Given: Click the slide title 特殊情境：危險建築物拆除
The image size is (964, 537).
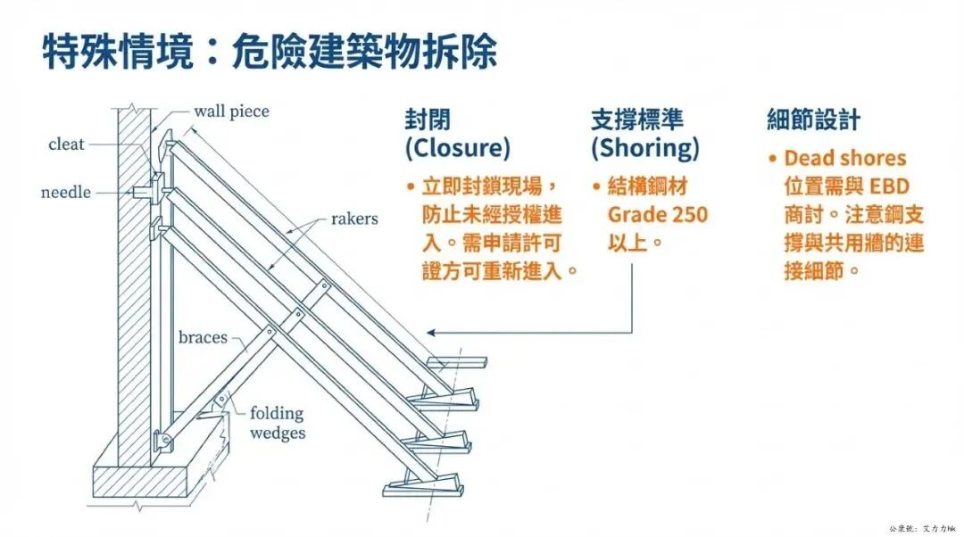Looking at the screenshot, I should (x=269, y=52).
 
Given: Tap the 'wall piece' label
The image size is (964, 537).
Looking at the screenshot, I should (x=231, y=112).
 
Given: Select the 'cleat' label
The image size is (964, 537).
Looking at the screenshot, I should (x=66, y=145).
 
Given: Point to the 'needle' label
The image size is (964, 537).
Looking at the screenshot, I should (x=66, y=192).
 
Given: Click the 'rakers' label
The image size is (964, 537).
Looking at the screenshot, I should (x=354, y=218).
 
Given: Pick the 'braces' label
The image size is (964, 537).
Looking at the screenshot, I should (x=203, y=337).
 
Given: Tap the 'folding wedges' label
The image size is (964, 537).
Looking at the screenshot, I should (x=277, y=423).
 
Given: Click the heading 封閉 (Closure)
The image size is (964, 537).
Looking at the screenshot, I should (x=458, y=133).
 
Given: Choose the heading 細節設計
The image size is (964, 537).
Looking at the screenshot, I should (x=813, y=120).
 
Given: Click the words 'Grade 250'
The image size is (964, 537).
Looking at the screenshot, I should (x=658, y=214).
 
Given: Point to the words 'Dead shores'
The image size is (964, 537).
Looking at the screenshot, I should (x=844, y=159).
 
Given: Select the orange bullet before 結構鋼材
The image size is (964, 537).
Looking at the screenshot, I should (x=595, y=187).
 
